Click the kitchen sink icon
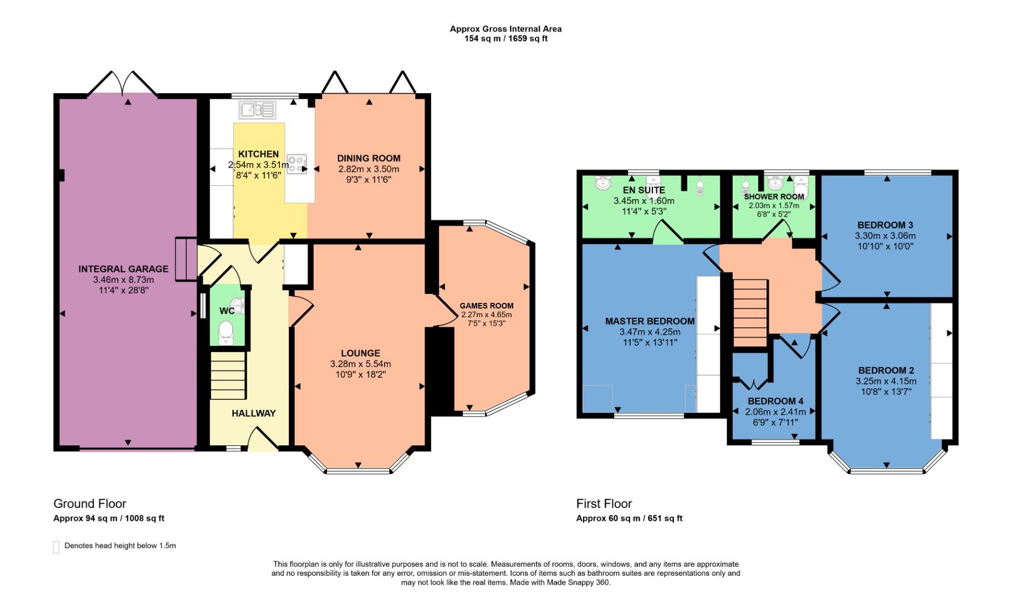tap(257, 110)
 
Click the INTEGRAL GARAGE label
tap(123, 269)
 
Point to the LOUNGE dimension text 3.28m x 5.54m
tap(360, 364)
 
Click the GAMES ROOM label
tap(486, 306)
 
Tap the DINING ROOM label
tap(369, 158)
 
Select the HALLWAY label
tap(253, 413)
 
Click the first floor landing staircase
tap(750, 312)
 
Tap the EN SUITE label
tap(643, 190)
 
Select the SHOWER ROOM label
tap(774, 197)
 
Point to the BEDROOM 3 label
tap(885, 225)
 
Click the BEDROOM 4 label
tap(775, 401)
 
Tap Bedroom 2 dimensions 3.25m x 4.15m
tap(886, 381)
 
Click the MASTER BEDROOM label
tap(650, 321)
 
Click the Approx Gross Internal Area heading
tap(505, 29)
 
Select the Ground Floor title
tap(90, 504)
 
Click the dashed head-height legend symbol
tap(56, 547)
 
